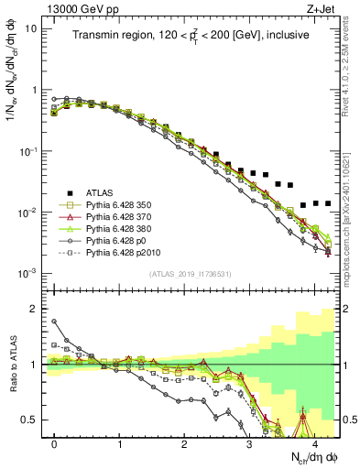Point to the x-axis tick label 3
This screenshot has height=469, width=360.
click(249, 442)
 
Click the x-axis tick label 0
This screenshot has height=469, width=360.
click(55, 442)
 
